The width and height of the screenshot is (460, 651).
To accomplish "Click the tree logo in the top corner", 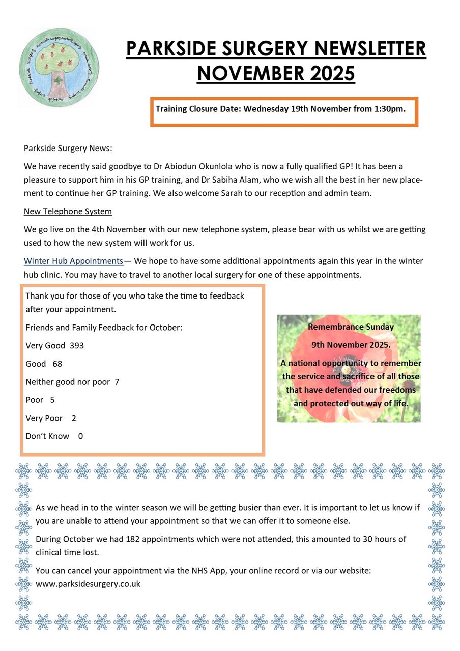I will [x=59, y=68].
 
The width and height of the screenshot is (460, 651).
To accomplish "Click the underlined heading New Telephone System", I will [x=68, y=211].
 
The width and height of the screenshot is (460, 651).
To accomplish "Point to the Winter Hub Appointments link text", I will [x=73, y=261].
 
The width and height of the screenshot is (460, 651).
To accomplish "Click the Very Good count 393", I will [x=77, y=346].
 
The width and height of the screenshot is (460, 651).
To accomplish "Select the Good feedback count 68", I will [x=57, y=364].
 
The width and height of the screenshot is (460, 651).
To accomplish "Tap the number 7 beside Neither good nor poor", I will [x=117, y=382].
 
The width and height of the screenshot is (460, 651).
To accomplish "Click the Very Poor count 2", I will [x=74, y=418].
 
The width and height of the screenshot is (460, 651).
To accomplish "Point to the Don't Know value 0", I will [x=80, y=436].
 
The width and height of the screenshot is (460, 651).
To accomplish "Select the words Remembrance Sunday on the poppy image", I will [x=351, y=327].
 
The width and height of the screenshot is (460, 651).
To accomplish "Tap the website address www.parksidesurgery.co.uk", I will [x=88, y=584].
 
